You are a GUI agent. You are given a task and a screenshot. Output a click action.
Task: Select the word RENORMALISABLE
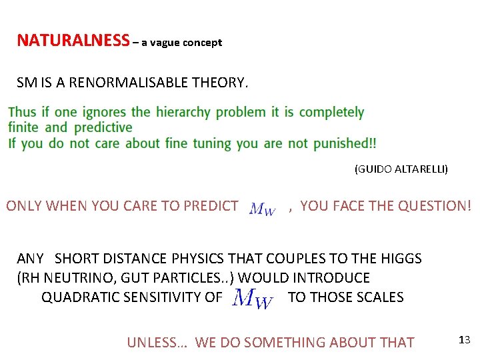click(x=129, y=83)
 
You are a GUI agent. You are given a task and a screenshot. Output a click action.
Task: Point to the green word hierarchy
click(x=183, y=112)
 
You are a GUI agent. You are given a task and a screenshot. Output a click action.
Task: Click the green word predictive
click(x=103, y=127)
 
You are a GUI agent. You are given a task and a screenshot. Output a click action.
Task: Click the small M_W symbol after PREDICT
click(x=262, y=209)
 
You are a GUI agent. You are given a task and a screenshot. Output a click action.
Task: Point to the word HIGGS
click(x=402, y=258)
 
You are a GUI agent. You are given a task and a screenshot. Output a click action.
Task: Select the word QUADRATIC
click(x=75, y=297)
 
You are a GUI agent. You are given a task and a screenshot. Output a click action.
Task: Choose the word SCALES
click(x=382, y=297)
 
